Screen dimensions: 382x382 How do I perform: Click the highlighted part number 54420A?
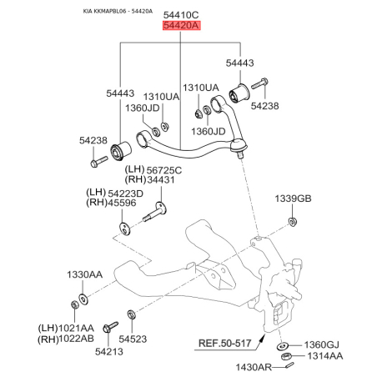coord(181,25)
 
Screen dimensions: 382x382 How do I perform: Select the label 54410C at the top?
coord(181,15)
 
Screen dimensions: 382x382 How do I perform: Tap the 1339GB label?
coord(293,199)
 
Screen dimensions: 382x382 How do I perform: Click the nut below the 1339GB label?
coord(293,222)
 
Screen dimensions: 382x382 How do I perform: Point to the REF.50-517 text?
coord(225,344)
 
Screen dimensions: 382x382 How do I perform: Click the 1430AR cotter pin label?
coord(254,367)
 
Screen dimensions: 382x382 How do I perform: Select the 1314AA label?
coord(324,356)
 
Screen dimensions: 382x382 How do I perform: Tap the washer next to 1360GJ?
coord(283,346)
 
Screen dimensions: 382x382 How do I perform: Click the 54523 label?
coord(133,339)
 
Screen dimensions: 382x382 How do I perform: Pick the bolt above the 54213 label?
coord(110,327)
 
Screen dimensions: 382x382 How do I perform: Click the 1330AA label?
coord(84,274)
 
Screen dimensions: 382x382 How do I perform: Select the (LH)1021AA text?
coord(66,328)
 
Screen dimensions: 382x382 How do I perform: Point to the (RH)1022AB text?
coord(66,339)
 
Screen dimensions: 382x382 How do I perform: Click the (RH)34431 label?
coord(150,179)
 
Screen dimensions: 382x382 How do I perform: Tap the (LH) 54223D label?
coord(114,193)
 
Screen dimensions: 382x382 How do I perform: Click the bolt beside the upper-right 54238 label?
coord(259,83)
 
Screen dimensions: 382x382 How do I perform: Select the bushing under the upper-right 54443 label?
coord(239,93)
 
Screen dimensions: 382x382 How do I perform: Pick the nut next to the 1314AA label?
coord(286,356)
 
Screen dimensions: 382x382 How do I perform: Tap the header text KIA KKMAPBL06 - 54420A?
coord(118,12)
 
